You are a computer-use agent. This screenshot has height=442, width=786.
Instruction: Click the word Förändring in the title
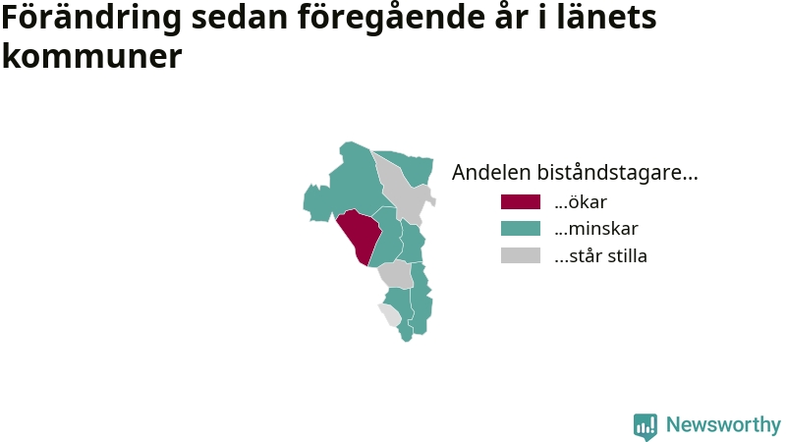(91, 18)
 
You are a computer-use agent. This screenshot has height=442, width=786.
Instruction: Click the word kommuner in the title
(91, 56)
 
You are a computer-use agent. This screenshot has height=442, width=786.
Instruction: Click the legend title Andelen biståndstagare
(575, 173)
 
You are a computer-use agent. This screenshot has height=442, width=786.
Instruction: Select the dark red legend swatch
(521, 202)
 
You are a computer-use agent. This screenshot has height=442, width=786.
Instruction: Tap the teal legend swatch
(521, 229)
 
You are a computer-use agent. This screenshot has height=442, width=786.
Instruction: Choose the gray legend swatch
(521, 255)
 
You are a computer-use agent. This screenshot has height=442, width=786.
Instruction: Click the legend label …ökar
(581, 202)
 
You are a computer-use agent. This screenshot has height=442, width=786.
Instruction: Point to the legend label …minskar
(596, 229)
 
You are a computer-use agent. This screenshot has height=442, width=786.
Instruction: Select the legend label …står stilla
(600, 255)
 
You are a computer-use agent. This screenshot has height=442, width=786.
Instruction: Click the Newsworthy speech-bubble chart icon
(646, 426)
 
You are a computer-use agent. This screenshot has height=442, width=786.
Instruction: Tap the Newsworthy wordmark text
(723, 425)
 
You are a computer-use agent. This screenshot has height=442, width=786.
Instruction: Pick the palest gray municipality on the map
(390, 314)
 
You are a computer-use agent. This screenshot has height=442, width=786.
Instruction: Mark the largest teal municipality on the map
(346, 186)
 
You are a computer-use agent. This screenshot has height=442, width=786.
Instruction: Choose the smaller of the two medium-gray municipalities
(396, 274)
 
